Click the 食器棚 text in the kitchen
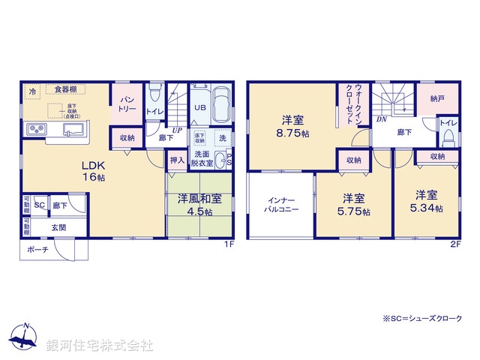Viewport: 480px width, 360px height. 66,89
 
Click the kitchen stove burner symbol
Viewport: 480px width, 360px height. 36,130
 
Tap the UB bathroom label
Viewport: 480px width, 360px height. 201,107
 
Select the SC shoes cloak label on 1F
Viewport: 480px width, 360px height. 40,205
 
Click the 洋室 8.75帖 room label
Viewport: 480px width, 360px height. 292,125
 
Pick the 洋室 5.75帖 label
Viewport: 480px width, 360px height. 355,205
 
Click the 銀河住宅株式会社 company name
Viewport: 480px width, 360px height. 99,346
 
